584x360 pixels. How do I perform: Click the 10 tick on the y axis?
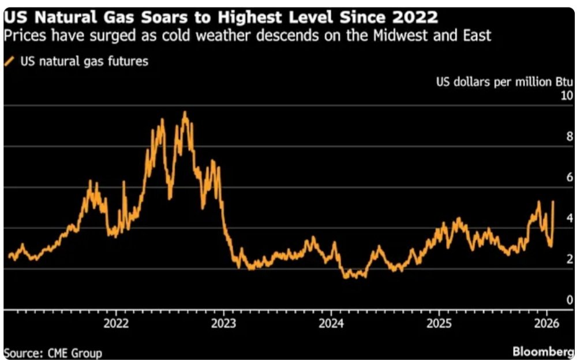(567, 96)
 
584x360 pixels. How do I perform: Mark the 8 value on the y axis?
(570, 137)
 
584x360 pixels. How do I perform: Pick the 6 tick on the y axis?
(570, 177)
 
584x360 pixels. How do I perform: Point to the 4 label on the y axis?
(570, 218)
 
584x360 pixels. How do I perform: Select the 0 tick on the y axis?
(570, 299)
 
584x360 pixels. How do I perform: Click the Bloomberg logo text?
(543, 351)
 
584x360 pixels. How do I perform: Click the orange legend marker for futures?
(9, 61)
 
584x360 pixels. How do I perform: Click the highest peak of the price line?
(185, 112)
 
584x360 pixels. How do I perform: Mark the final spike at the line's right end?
(553, 202)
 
